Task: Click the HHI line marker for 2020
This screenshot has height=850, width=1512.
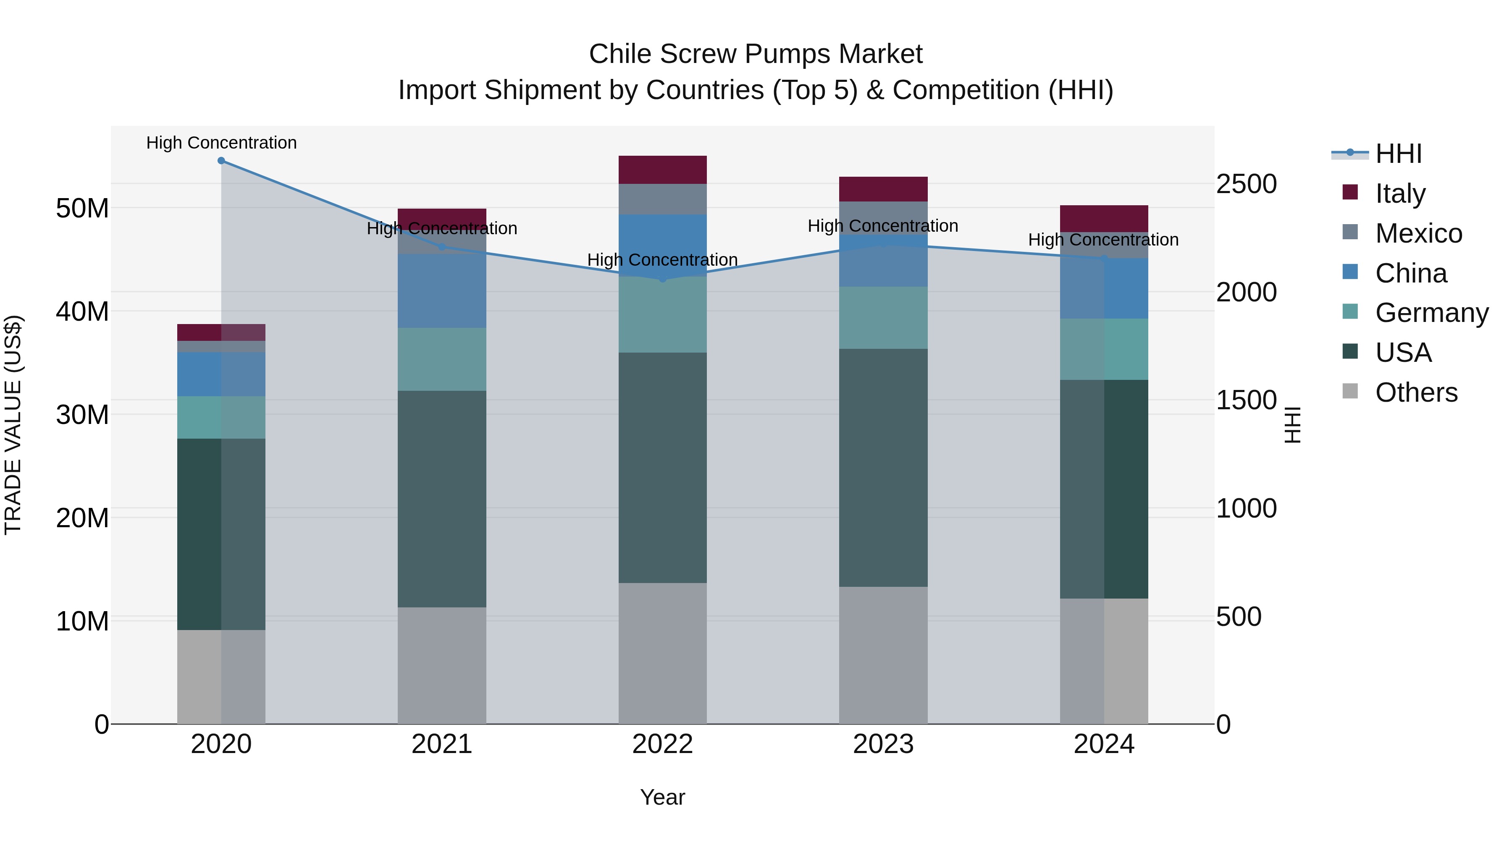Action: (221, 161)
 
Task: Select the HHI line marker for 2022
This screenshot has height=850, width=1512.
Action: (663, 279)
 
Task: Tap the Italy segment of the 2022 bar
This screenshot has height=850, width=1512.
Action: (663, 170)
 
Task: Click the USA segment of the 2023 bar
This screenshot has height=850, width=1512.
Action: (883, 468)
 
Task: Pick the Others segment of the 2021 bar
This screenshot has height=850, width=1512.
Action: (442, 665)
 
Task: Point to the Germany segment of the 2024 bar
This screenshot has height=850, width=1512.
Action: (1104, 349)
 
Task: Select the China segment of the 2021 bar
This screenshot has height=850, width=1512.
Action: (442, 291)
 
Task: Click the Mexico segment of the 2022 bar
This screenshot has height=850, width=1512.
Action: (663, 199)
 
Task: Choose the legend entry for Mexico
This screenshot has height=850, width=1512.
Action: (1418, 233)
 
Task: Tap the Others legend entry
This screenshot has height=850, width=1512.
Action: (1416, 392)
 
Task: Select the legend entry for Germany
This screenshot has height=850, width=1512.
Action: (1431, 313)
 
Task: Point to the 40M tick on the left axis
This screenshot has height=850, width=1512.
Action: (82, 311)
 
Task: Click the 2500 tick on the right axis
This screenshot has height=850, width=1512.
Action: (1246, 184)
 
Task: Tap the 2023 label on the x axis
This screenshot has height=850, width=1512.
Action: (883, 744)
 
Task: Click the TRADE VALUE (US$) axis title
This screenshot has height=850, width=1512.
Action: (13, 425)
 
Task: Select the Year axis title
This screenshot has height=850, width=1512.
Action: (663, 797)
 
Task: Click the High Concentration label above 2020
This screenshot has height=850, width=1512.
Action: (221, 143)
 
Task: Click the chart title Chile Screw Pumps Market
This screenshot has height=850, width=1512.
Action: (756, 54)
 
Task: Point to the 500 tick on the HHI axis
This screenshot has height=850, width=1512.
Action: (1239, 617)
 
